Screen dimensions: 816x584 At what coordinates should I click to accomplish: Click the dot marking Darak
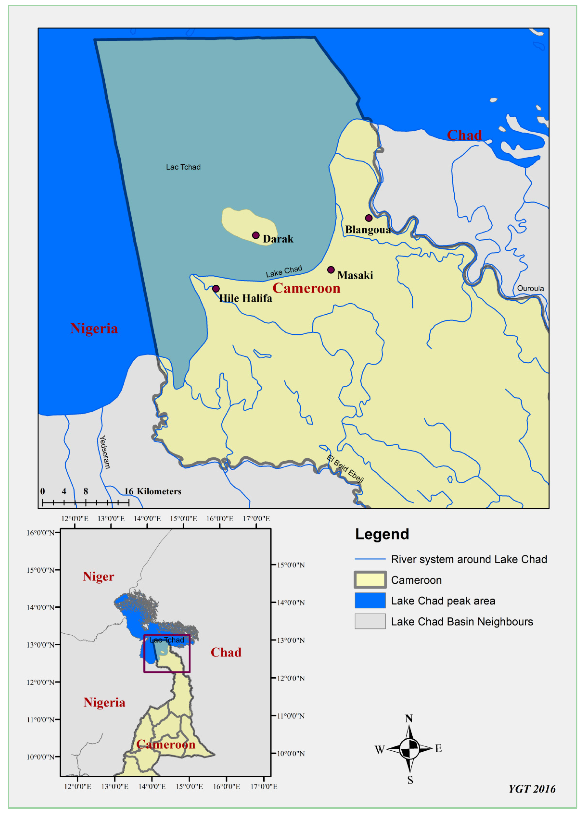point(256,235)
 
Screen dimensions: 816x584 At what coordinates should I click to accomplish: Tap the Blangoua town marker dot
point(369,218)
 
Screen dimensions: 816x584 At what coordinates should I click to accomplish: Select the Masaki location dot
point(331,270)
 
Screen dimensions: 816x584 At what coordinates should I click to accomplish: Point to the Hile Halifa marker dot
point(216,289)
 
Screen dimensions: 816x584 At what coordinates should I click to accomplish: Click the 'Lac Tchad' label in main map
point(183,167)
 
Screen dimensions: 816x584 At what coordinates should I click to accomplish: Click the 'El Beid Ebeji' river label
point(345,468)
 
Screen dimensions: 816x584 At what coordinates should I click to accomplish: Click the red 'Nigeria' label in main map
point(94,328)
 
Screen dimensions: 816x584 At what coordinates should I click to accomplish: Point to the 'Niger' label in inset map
point(98,577)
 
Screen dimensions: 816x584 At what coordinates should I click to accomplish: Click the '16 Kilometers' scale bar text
point(153,492)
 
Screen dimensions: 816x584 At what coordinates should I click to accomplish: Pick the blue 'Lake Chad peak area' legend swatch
point(370,601)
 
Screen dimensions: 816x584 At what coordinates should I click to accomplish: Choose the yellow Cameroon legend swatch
point(370,580)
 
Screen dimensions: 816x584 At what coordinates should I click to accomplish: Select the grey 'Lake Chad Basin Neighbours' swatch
point(370,622)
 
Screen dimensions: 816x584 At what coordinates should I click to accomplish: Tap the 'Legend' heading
point(382,534)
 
